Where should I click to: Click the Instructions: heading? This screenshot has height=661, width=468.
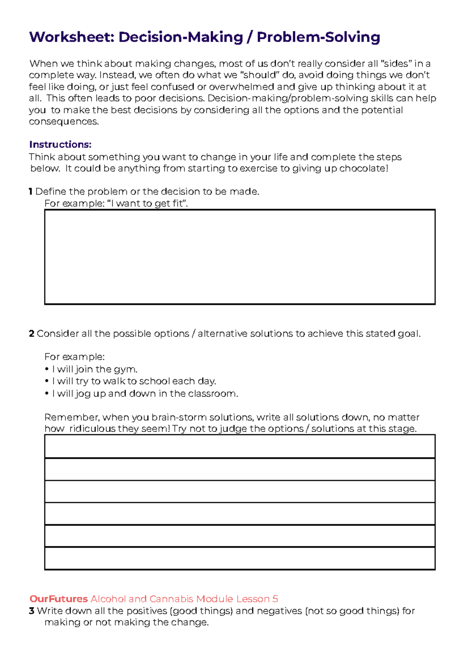click(x=60, y=145)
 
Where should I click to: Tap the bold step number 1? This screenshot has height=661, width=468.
click(x=31, y=192)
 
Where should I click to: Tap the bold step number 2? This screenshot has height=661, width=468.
click(x=32, y=334)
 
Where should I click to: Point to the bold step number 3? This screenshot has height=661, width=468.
click(x=32, y=611)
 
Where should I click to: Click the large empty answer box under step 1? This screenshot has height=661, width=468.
click(x=239, y=257)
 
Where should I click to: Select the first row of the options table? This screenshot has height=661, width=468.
click(x=239, y=446)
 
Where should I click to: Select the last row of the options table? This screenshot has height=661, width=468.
click(x=239, y=558)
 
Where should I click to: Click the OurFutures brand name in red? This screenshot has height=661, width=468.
click(x=58, y=599)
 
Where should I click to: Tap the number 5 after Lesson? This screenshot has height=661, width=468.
click(x=275, y=599)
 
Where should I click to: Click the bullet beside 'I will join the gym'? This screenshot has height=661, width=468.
click(x=47, y=369)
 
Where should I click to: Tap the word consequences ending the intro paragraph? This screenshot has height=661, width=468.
click(x=64, y=122)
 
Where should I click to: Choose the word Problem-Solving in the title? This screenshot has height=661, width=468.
click(x=318, y=37)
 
